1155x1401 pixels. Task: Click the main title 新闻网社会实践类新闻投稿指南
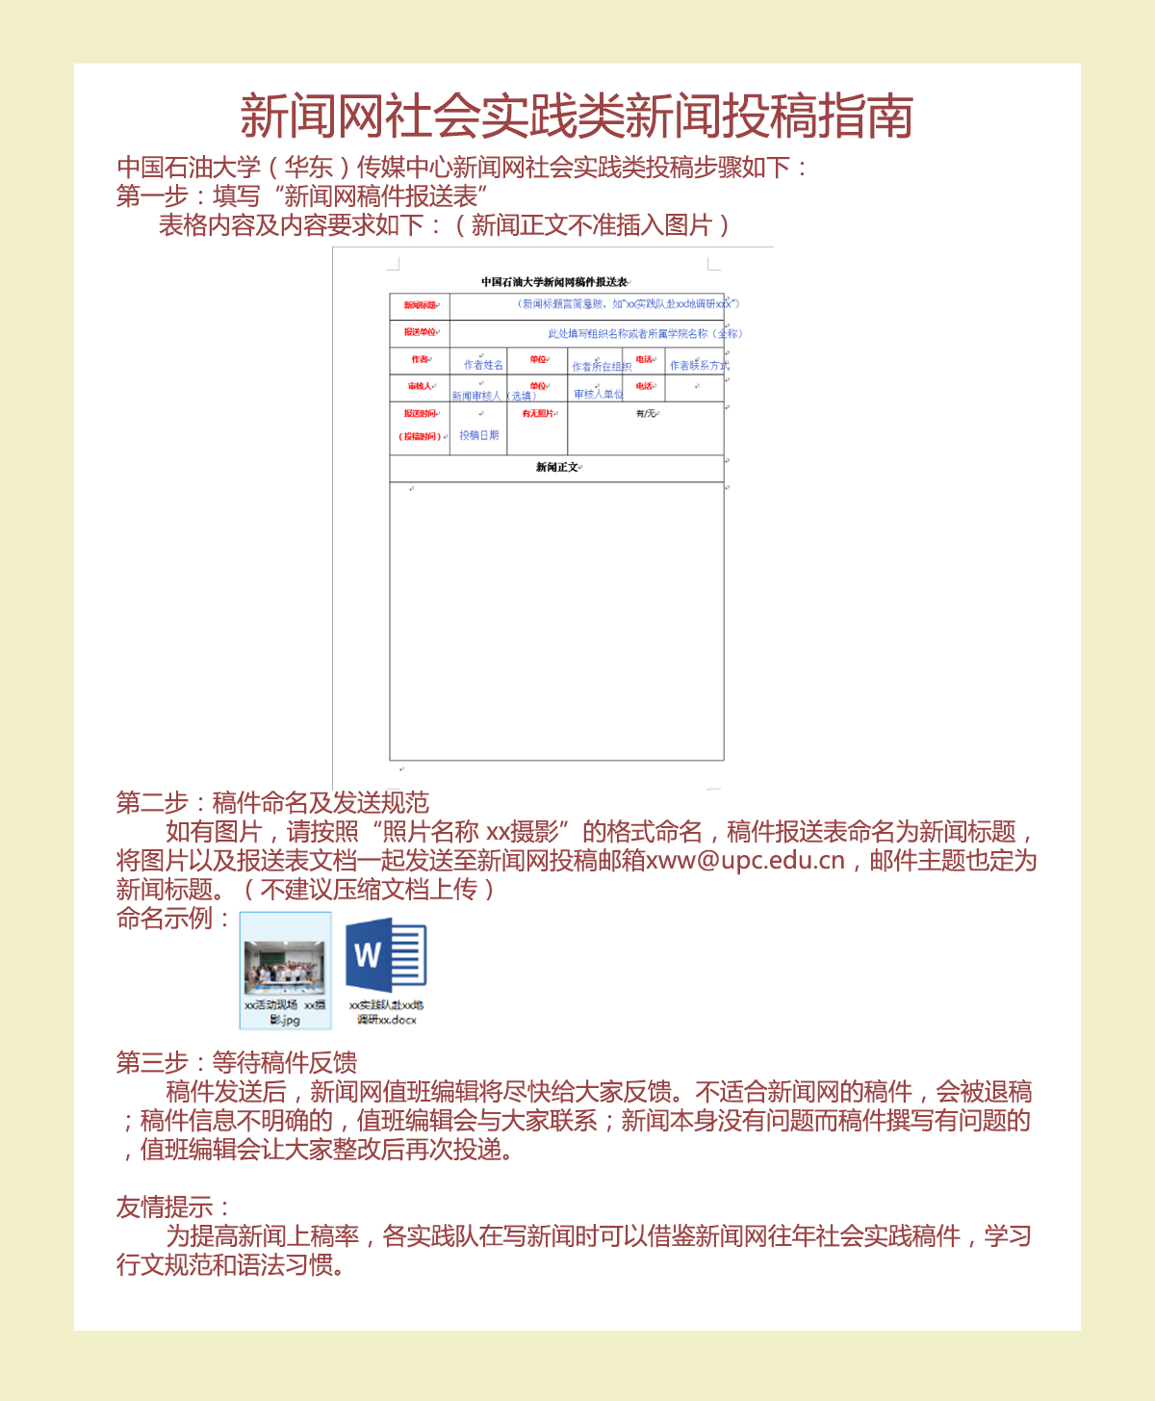[x=577, y=117]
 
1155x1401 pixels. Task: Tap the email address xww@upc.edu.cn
[x=745, y=860]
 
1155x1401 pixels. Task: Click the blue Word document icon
[x=386, y=955]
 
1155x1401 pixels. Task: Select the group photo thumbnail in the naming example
[x=284, y=967]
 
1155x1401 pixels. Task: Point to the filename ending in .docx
[x=386, y=1012]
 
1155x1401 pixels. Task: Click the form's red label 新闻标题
[x=421, y=305]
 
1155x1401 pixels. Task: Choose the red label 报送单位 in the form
[x=421, y=332]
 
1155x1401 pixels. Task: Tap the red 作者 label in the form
[x=421, y=359]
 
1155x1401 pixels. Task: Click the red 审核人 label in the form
[x=421, y=386]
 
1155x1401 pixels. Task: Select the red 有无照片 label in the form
[x=538, y=413]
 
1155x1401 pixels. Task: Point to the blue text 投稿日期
[x=478, y=435]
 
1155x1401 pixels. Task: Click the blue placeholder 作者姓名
[x=483, y=365]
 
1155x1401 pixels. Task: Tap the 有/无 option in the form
[x=646, y=413]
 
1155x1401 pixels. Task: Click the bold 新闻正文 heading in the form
[x=557, y=467]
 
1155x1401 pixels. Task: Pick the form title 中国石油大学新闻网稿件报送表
[x=554, y=282]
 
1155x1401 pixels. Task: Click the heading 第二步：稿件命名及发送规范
[x=272, y=802]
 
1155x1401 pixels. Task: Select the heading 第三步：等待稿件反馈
[x=237, y=1062]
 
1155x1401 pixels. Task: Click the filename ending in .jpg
[x=285, y=1012]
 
